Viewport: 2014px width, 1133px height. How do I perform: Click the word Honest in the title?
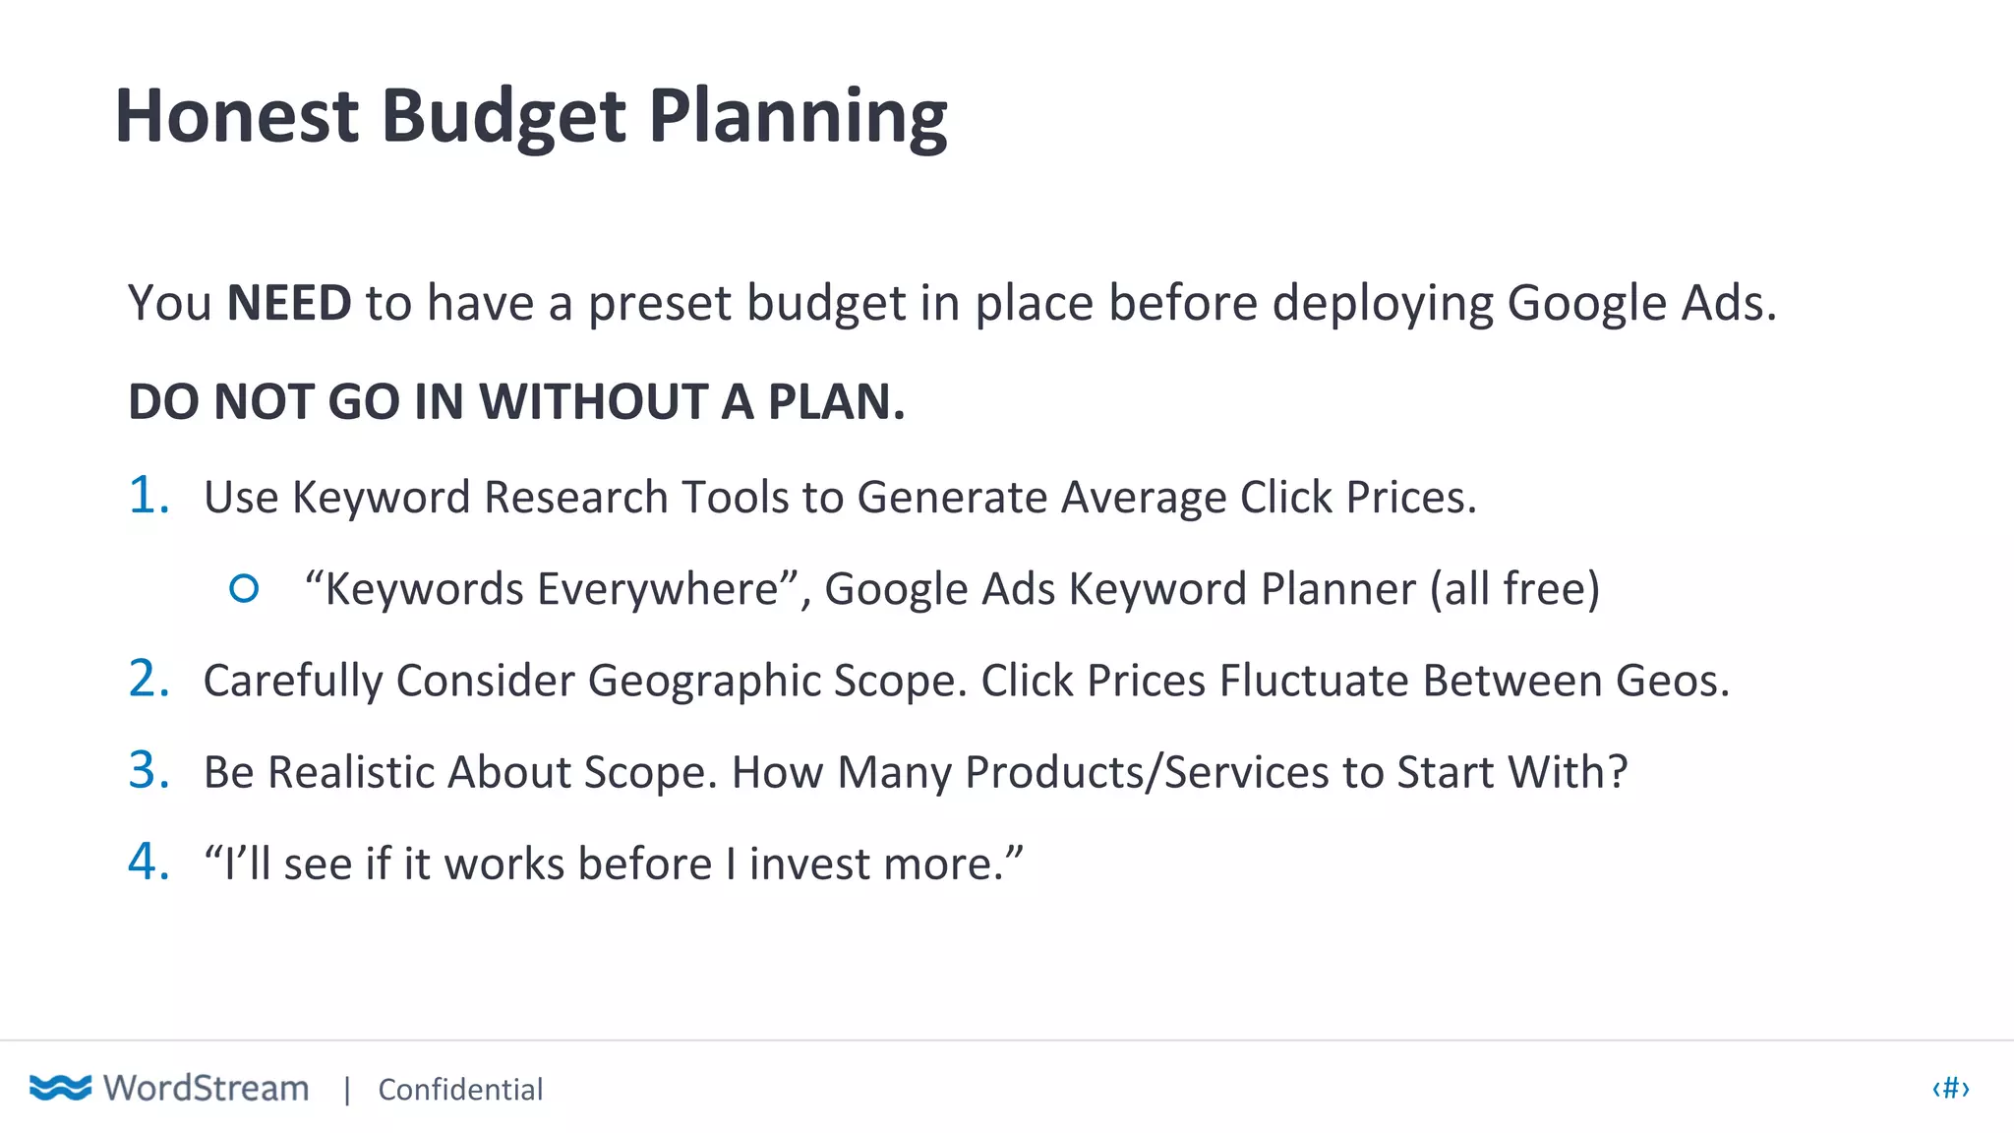[237, 116]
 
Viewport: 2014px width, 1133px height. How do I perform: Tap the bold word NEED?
[289, 303]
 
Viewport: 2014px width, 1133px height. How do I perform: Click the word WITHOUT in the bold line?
[593, 402]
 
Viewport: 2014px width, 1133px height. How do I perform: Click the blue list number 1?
[148, 495]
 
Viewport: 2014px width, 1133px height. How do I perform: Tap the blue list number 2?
[148, 679]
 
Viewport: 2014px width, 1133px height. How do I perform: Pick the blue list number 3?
[148, 770]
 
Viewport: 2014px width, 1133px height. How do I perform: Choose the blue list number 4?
[148, 862]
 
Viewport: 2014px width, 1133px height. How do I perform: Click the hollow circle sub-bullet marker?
[244, 588]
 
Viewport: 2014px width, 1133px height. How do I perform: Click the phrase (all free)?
[1514, 589]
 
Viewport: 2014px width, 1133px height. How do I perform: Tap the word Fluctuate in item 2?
[1314, 681]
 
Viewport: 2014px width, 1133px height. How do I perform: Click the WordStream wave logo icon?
[60, 1088]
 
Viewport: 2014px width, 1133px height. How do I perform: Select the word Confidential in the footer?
[460, 1090]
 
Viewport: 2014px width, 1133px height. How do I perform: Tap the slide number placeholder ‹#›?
[1950, 1088]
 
